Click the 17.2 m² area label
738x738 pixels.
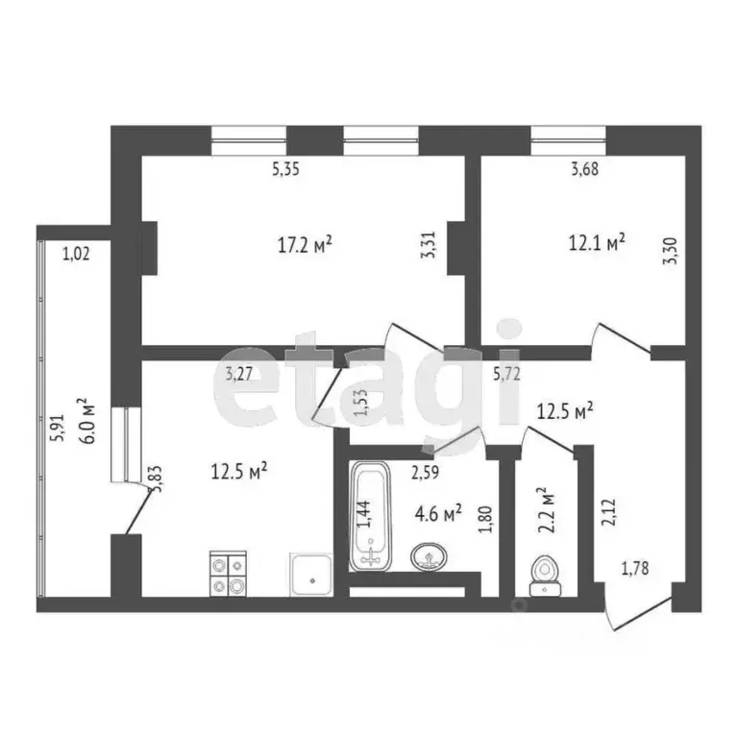pos(305,245)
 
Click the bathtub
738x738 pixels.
pos(370,516)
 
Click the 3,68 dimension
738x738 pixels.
pos(584,171)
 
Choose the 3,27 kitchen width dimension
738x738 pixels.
pos(240,376)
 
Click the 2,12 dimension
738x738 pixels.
pos(606,513)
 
